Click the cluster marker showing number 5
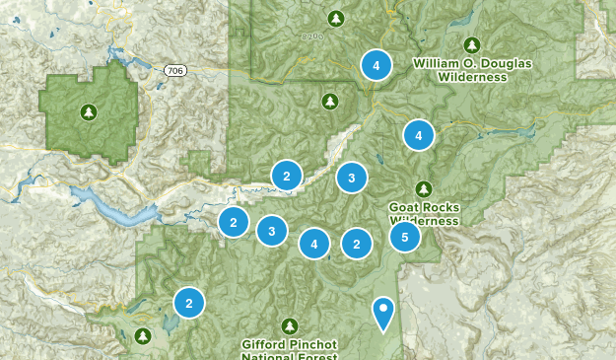point(404,237)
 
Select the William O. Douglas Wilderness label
point(472,69)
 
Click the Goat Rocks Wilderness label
point(423,214)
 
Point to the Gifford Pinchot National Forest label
point(289,350)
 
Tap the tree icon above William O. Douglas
point(472,44)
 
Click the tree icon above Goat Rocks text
point(423,188)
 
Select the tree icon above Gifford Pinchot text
point(289,324)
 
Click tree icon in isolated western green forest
point(90,110)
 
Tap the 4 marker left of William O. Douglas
point(375,65)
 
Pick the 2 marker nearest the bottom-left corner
point(188,303)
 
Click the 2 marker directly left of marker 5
point(356,243)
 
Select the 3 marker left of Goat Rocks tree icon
point(351,178)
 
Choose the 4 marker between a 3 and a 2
point(314,243)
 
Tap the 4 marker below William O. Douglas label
point(418,134)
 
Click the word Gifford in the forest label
point(265,344)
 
